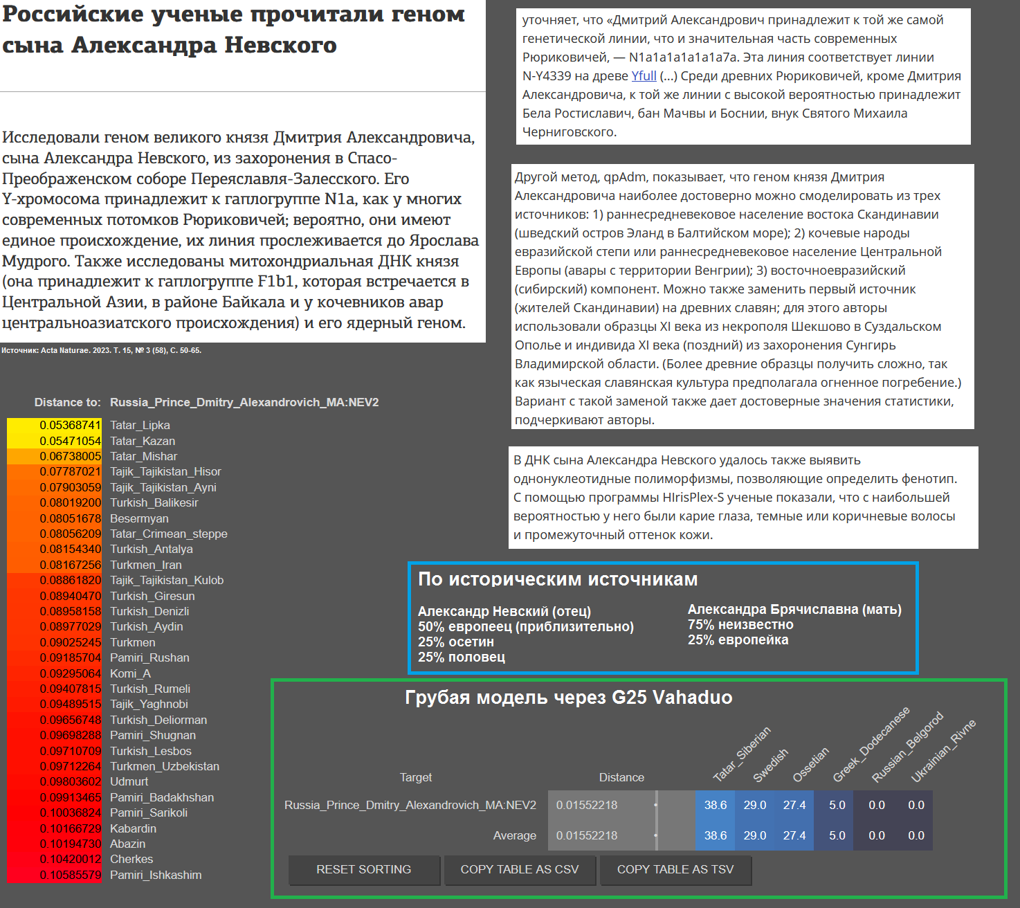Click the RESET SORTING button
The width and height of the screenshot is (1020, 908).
pos(364,869)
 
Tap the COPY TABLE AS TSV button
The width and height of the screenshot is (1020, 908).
pos(675,869)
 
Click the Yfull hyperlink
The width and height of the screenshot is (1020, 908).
pos(644,76)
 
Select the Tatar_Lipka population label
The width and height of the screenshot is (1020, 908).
pos(140,425)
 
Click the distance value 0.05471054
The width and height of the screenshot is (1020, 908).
pos(70,441)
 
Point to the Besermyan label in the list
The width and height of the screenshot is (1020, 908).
pos(139,518)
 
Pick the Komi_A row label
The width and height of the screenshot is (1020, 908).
pos(130,673)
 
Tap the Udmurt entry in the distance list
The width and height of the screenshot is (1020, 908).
pos(129,781)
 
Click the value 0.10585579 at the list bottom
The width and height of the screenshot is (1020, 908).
pos(70,875)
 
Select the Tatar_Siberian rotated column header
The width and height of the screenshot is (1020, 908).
pos(742,754)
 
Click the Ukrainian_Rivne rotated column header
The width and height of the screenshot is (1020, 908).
pos(943,751)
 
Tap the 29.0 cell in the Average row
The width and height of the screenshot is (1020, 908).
pos(755,835)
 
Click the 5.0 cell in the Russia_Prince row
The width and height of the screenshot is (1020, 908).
pos(837,805)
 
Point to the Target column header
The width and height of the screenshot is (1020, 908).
pos(416,777)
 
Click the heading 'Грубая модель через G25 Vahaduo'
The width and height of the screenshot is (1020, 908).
pos(568,697)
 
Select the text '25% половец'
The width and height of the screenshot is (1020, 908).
pos(462,657)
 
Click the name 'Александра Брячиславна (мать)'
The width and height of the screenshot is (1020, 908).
pos(794,609)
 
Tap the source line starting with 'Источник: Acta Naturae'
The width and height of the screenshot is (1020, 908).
pos(101,350)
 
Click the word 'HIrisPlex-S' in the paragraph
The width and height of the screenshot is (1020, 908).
pos(696,498)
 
